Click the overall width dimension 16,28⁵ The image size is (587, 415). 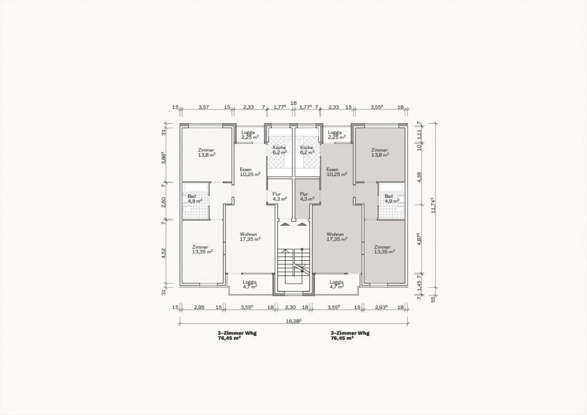pyautogui.click(x=293, y=320)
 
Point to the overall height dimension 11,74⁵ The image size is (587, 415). pyautogui.click(x=434, y=205)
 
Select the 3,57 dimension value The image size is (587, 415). pyautogui.click(x=204, y=107)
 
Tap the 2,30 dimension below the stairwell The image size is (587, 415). pyautogui.click(x=291, y=307)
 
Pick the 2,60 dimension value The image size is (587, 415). pyautogui.click(x=163, y=202)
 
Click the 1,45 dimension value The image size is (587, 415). pyautogui.click(x=419, y=286)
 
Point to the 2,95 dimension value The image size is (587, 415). pyautogui.click(x=199, y=307)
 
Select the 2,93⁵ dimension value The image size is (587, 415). pyautogui.click(x=381, y=307)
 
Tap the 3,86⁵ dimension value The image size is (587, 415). pyautogui.click(x=163, y=158)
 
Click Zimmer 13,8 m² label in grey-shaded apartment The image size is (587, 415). pyautogui.click(x=380, y=152)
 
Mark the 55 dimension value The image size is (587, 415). pyautogui.click(x=434, y=299)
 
